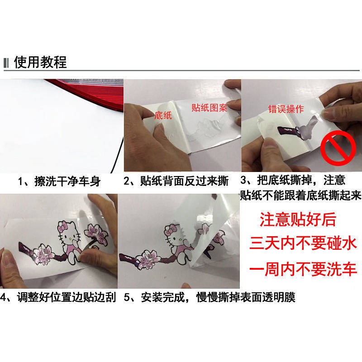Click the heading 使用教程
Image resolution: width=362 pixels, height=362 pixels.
(40, 62)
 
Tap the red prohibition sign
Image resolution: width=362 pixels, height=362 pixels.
(338, 148)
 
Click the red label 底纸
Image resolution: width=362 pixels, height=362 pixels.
(163, 115)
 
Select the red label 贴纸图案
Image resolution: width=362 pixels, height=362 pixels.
(210, 108)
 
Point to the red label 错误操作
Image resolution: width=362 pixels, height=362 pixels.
(286, 109)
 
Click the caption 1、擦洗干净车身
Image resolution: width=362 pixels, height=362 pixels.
(59, 181)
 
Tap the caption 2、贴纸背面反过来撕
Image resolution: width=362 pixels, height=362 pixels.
(176, 181)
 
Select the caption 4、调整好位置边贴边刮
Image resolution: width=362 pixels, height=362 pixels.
(58, 297)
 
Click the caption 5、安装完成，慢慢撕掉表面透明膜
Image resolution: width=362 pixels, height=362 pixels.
(210, 297)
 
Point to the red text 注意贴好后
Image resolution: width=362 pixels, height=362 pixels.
(298, 219)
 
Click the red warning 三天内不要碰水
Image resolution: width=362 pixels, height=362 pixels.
(303, 243)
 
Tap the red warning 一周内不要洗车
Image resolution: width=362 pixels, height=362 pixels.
(303, 269)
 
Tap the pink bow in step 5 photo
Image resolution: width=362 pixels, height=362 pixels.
(171, 228)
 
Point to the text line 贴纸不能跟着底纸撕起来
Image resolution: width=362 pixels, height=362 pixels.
(300, 195)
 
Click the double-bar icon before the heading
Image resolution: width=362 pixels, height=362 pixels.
(6, 63)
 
